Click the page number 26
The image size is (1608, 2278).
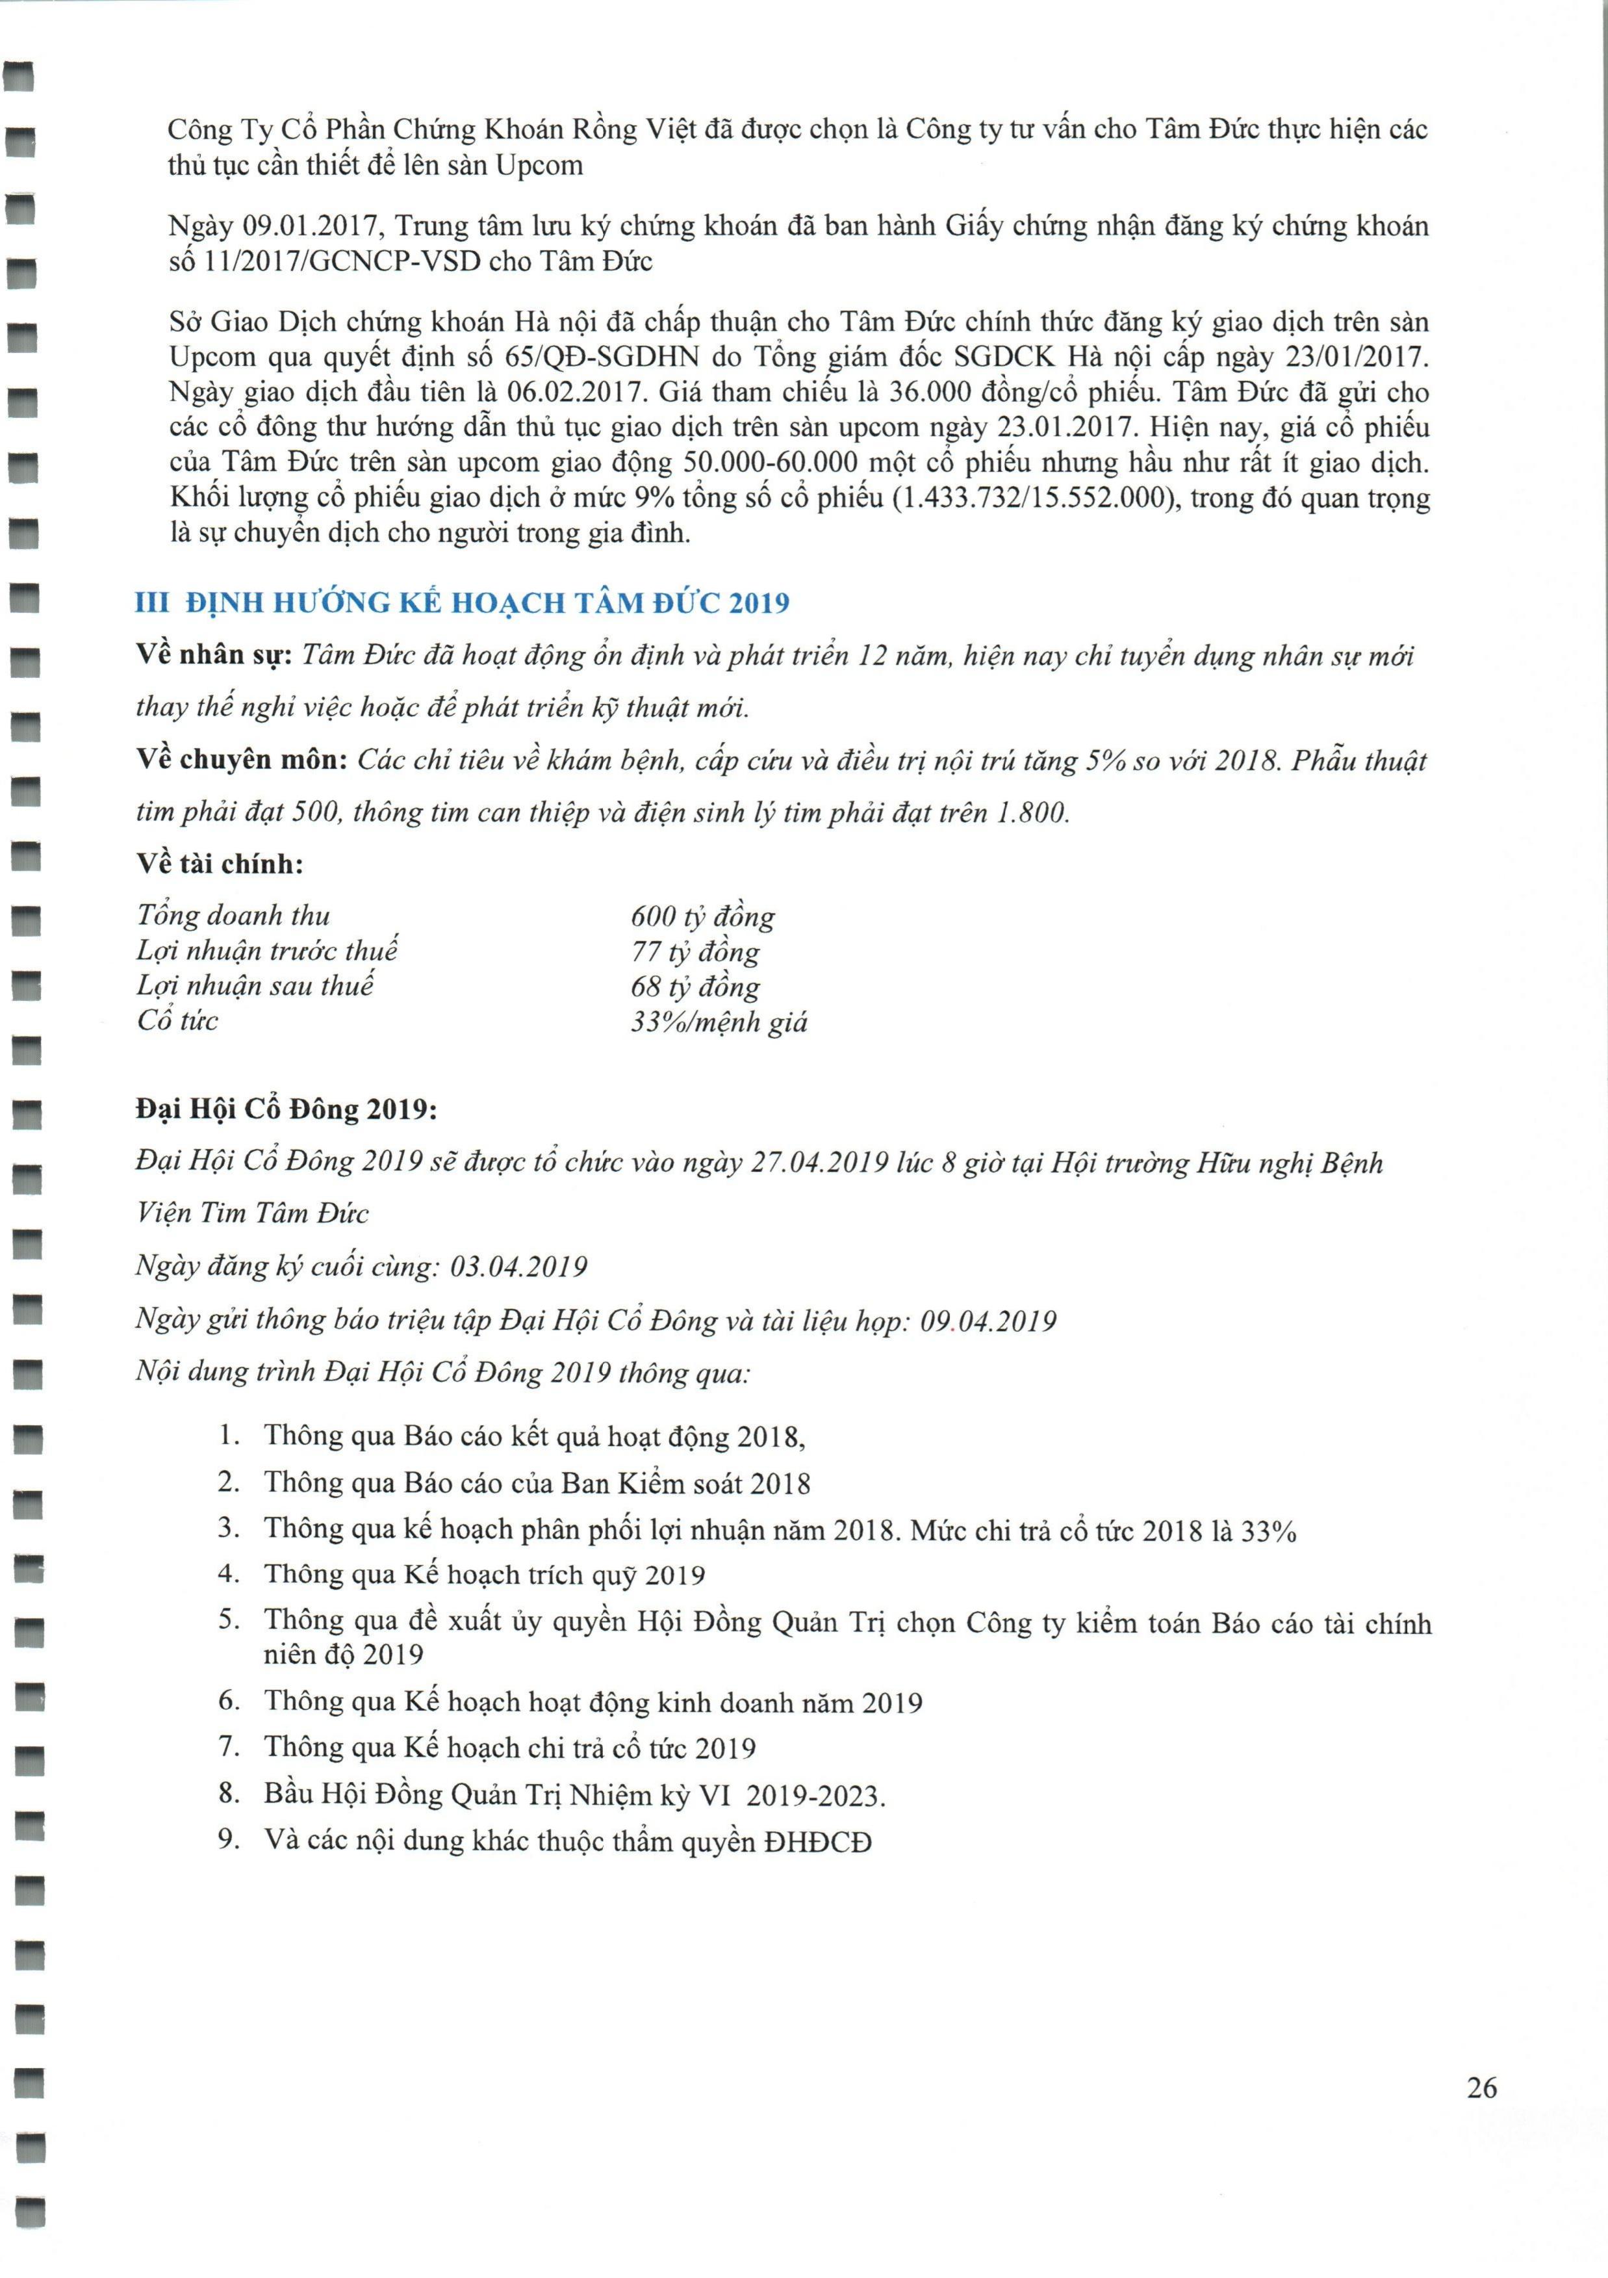pyautogui.click(x=1481, y=2088)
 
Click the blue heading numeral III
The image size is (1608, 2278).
pyautogui.click(x=152, y=602)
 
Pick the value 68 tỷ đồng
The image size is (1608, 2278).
pyautogui.click(x=695, y=987)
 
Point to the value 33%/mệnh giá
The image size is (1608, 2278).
pyautogui.click(x=718, y=1022)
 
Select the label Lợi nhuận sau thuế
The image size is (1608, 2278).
pyautogui.click(x=255, y=986)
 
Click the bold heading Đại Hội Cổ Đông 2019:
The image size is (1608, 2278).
pyautogui.click(x=286, y=1109)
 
